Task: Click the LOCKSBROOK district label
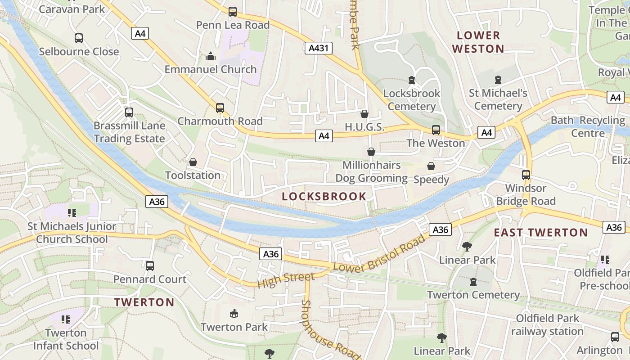324,196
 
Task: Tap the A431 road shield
318,48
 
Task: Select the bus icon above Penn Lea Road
233,12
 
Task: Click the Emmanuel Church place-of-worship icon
210,57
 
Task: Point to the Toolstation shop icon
193,162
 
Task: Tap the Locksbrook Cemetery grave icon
411,80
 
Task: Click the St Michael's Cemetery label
498,99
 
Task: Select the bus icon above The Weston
436,130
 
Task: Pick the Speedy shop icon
431,166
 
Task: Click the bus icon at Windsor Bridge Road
526,175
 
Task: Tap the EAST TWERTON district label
541,233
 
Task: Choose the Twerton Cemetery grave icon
473,282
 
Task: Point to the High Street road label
286,279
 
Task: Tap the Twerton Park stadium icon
234,313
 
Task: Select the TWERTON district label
144,302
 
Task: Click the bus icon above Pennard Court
150,266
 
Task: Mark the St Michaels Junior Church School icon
72,212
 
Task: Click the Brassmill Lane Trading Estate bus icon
129,112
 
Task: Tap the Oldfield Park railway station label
547,325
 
